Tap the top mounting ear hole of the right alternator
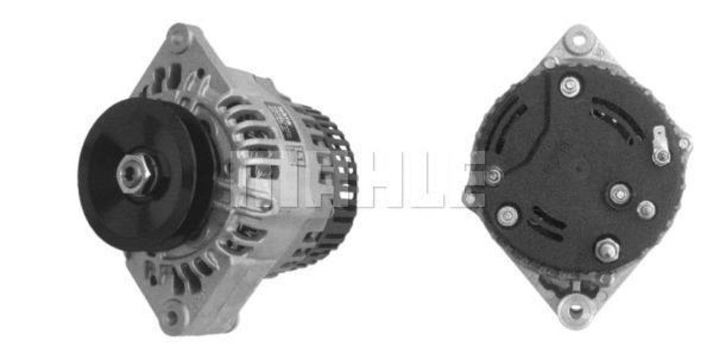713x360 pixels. click(x=576, y=40)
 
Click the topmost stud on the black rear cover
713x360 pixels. click(x=570, y=86)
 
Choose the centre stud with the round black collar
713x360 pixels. click(x=618, y=194)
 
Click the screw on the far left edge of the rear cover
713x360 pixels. click(x=494, y=176)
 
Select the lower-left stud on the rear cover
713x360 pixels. click(x=508, y=216)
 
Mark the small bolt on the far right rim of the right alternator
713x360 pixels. click(x=684, y=144)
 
